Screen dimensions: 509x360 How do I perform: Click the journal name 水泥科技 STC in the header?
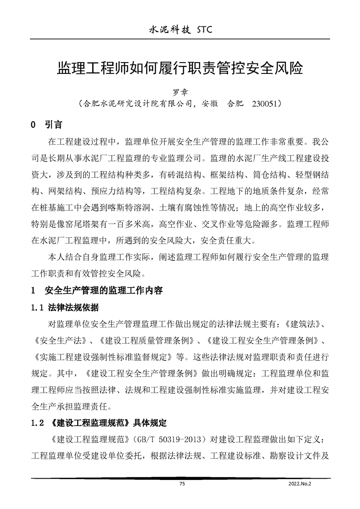click(180, 30)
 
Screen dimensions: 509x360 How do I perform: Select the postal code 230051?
click(263, 104)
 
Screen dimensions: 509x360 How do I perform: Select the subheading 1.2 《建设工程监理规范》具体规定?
click(98, 423)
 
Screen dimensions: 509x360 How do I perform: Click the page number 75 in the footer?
click(182, 484)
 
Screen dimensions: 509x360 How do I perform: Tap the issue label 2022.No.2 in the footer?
click(300, 484)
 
